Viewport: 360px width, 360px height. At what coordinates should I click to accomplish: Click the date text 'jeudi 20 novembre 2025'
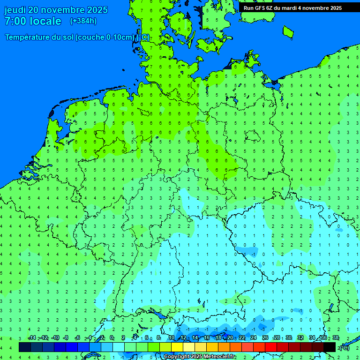click(x=56, y=10)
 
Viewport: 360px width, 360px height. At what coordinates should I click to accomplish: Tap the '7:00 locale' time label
click(x=33, y=21)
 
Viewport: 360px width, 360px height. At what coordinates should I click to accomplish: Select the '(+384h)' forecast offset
click(x=83, y=21)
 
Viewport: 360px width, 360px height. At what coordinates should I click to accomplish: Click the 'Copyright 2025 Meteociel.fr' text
click(x=199, y=357)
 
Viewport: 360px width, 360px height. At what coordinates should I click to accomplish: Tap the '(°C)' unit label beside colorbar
click(x=345, y=347)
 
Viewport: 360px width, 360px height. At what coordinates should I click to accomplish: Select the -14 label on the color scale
click(x=31, y=338)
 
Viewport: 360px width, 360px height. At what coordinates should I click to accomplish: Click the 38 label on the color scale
click(x=335, y=338)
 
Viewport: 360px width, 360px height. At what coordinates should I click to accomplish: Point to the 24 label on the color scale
click(x=254, y=338)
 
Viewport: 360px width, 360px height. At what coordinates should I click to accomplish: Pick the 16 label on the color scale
click(x=207, y=338)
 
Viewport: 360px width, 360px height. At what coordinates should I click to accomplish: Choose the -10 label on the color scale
click(x=55, y=338)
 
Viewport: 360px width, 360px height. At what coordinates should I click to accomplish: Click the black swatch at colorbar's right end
click(x=330, y=347)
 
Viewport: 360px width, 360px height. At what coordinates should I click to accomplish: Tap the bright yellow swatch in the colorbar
click(x=177, y=347)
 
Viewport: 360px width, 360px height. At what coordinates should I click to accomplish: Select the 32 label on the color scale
click(x=300, y=338)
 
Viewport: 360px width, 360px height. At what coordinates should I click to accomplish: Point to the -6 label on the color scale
click(x=78, y=338)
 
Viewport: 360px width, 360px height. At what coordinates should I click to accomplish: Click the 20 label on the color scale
click(x=230, y=338)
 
